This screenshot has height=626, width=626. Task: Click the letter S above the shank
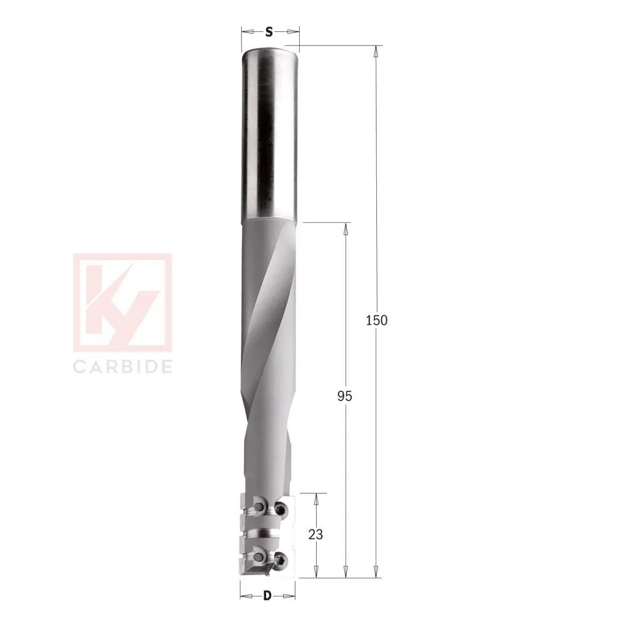[269, 32]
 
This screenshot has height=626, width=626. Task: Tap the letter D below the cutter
[267, 595]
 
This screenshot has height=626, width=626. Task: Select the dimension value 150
[376, 321]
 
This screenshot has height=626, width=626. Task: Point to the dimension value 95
[345, 396]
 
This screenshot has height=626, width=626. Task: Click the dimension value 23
[317, 535]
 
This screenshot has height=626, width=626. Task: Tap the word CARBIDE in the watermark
[123, 366]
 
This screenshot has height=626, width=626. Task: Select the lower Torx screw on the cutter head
[282, 560]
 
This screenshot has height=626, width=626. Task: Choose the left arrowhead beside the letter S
[245, 32]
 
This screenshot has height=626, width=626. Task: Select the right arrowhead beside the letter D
[291, 595]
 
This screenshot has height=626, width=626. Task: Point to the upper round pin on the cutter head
[258, 503]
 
